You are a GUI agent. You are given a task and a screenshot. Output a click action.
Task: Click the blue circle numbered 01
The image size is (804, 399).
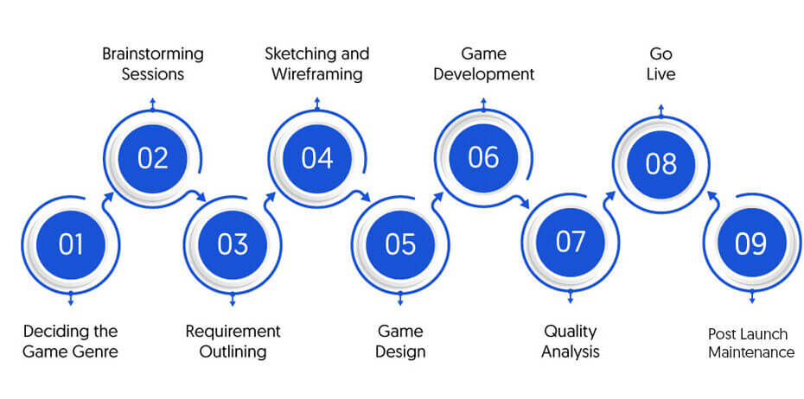point(71,244)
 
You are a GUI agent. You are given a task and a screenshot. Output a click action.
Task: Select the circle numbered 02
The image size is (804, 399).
point(153,158)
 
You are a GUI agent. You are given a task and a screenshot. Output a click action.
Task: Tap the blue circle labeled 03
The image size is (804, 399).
point(233,244)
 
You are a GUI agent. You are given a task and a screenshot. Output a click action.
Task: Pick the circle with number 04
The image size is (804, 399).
point(317,158)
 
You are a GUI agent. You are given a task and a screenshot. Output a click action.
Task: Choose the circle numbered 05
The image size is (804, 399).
point(400,244)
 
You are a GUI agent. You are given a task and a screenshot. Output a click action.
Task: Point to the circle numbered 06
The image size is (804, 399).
point(483,157)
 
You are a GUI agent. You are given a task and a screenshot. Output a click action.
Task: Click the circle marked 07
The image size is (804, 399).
point(571,242)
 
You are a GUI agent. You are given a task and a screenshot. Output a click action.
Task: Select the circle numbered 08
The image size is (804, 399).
point(661,164)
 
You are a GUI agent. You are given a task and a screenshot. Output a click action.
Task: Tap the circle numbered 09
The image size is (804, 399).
point(752,243)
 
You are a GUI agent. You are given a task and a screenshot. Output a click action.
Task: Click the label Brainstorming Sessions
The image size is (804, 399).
point(153,64)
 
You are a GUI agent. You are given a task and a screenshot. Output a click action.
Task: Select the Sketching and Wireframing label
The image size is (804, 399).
point(317,64)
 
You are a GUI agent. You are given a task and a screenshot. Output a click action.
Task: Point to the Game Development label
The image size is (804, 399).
point(483,64)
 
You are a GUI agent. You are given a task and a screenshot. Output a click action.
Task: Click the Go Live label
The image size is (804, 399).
point(661,64)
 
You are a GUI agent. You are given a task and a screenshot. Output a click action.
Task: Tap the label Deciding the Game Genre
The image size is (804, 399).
point(71,342)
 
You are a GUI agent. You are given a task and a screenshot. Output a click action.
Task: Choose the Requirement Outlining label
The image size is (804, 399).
point(233,342)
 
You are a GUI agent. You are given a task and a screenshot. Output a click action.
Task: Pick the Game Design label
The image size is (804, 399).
point(400,342)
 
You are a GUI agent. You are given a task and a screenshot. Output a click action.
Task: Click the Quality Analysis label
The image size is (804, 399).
point(571,342)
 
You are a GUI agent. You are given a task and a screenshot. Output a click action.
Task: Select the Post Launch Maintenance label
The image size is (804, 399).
point(752,343)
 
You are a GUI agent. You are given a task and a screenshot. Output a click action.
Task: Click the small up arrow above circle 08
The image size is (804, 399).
point(661,111)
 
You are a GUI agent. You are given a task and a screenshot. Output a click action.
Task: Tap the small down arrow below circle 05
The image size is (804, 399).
point(400,299)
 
